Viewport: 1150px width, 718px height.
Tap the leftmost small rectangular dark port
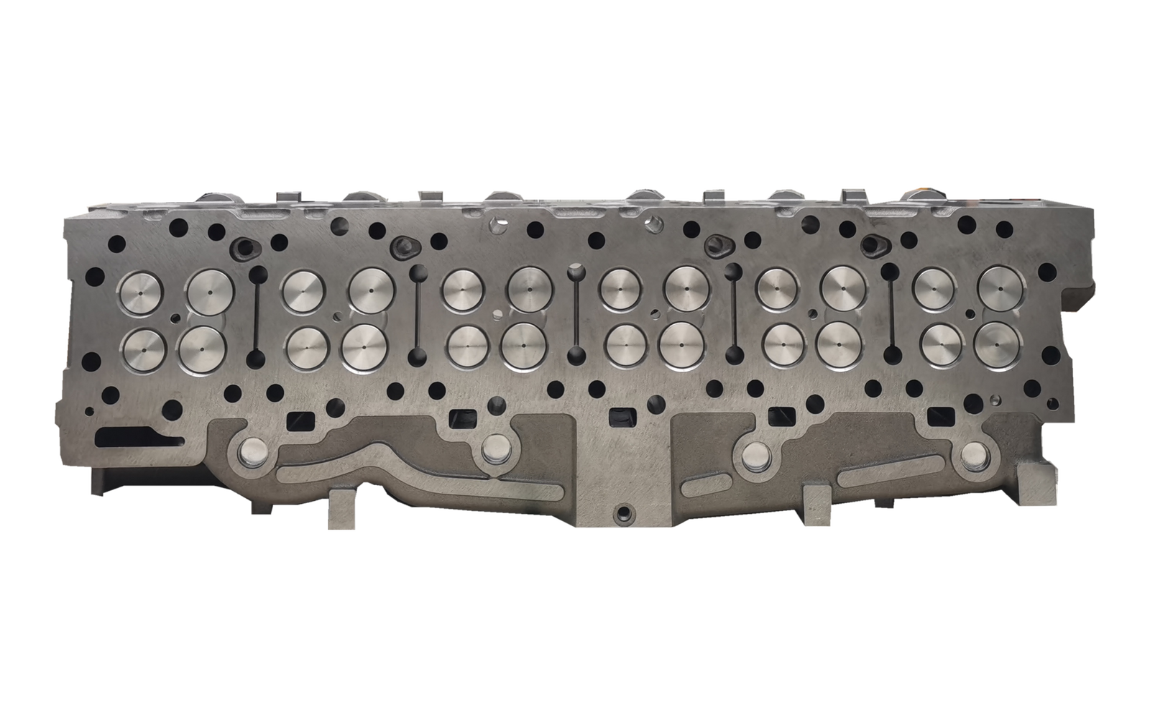[297, 419]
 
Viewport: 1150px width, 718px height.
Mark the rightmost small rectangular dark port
[938, 416]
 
